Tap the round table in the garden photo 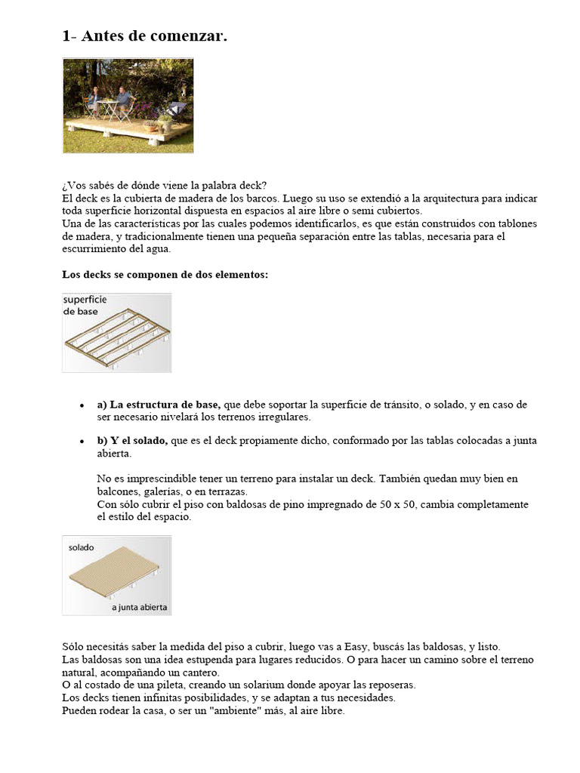point(109,106)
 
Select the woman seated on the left point(94,103)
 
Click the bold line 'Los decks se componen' point(165,275)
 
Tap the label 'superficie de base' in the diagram point(85,305)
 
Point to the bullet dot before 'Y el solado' point(82,441)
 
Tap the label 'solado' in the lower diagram point(81,547)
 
